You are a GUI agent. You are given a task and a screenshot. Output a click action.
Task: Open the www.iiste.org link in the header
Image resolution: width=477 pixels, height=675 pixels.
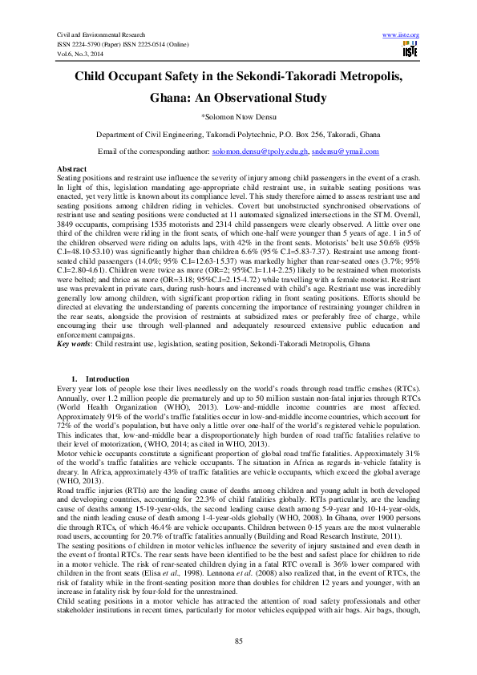(402, 36)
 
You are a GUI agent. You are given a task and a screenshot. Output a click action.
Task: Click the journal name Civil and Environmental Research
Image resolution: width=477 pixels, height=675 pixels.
(102, 36)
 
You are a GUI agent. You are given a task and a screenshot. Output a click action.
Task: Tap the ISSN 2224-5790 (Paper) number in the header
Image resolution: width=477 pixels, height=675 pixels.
(88, 46)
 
